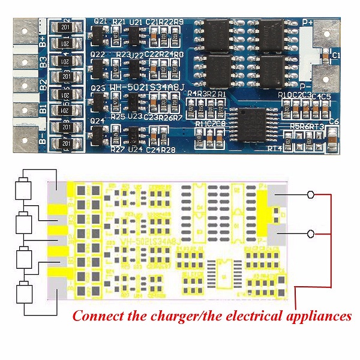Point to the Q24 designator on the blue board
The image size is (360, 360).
[x=98, y=121]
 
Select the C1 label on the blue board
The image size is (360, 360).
[x=335, y=56]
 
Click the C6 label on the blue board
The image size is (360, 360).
[x=334, y=122]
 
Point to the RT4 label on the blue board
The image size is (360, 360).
[x=275, y=148]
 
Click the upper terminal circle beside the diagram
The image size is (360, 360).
[x=310, y=195]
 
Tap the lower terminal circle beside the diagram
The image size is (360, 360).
[x=310, y=233]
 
